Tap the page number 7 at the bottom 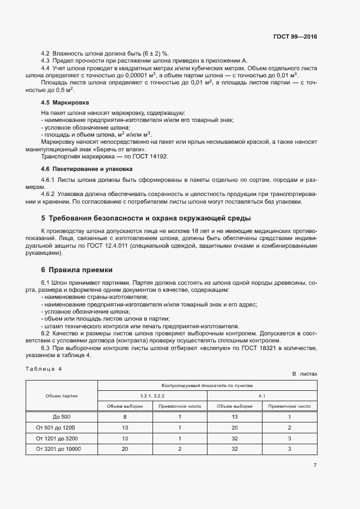[x=315, y=465]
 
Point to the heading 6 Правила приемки [x=77, y=270]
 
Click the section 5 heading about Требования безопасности [x=146, y=219]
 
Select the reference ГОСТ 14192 [x=150, y=156]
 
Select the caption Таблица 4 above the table [x=44, y=369]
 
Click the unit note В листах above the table [x=304, y=374]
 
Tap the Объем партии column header [x=62, y=396]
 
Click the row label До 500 [x=62, y=416]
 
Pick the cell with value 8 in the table [x=125, y=416]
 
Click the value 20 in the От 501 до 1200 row [x=234, y=427]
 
